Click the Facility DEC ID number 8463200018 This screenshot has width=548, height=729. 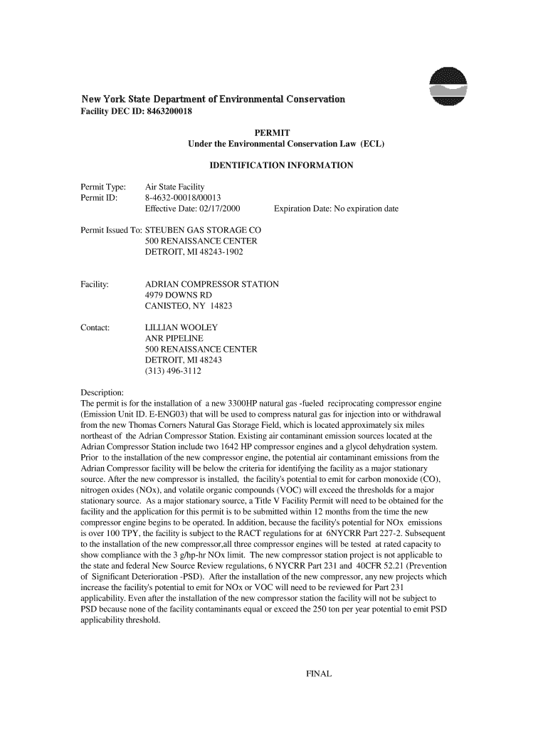coord(164,112)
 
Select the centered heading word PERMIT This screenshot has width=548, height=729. coord(272,132)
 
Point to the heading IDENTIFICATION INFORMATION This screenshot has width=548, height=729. coord(281,165)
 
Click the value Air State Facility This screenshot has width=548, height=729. coord(174,187)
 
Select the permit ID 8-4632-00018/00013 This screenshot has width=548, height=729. coord(183,198)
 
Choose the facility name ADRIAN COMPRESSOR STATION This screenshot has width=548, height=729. coord(211,284)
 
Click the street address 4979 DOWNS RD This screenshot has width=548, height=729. coord(178,295)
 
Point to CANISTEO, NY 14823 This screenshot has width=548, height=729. coord(189,306)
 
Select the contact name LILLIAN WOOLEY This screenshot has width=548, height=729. coord(181,327)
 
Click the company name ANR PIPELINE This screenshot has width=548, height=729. coord(173,339)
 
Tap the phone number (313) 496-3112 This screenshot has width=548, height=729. coord(173,371)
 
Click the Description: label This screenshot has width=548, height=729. coord(103,393)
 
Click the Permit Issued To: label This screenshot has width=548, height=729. coord(112,231)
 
